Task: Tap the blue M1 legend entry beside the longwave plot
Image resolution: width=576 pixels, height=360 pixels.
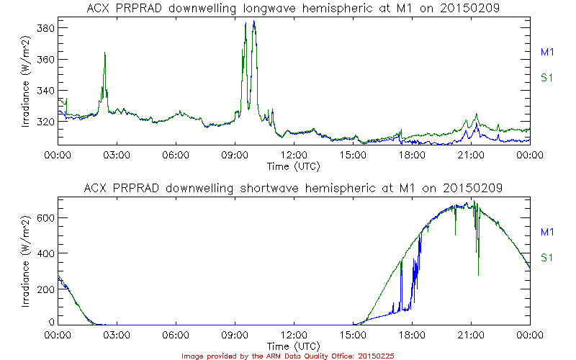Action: click(x=546, y=52)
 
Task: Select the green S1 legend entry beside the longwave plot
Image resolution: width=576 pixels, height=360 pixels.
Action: click(x=546, y=77)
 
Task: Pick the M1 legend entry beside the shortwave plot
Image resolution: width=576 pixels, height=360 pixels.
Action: click(x=546, y=232)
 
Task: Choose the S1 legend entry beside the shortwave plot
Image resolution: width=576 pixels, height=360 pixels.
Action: click(x=546, y=257)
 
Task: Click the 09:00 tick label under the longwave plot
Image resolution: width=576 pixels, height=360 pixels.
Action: click(x=235, y=155)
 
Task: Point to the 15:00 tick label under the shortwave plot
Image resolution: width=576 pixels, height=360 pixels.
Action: click(x=353, y=335)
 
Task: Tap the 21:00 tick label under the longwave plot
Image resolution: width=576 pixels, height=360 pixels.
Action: click(x=471, y=155)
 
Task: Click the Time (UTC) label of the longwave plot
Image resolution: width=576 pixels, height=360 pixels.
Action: click(x=293, y=166)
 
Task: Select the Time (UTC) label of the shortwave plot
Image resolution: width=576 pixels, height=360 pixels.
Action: click(x=293, y=346)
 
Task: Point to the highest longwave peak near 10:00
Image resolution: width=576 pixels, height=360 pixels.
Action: click(x=253, y=22)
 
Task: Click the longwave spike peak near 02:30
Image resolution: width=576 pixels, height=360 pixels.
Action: click(x=105, y=53)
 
